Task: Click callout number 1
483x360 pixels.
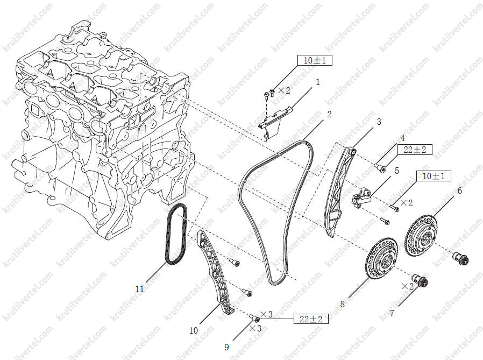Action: pyautogui.click(x=318, y=82)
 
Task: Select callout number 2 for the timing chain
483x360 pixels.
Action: pyautogui.click(x=329, y=114)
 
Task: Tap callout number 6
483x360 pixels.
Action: pyautogui.click(x=459, y=191)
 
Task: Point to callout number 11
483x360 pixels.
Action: pyautogui.click(x=139, y=289)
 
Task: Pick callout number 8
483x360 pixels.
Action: pyautogui.click(x=342, y=304)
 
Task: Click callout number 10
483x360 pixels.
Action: pyautogui.click(x=194, y=331)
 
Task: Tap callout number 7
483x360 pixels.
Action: pyautogui.click(x=392, y=314)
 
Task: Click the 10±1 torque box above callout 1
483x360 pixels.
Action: pyautogui.click(x=315, y=60)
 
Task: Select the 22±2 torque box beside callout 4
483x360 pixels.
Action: pyautogui.click(x=415, y=150)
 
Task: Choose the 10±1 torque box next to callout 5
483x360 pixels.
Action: pyautogui.click(x=434, y=176)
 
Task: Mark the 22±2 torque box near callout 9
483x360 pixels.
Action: pyautogui.click(x=311, y=319)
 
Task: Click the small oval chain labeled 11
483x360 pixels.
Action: pyautogui.click(x=176, y=234)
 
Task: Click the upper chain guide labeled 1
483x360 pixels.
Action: pyautogui.click(x=274, y=121)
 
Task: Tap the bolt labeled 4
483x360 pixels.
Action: pyautogui.click(x=381, y=168)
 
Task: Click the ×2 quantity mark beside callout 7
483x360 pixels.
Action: pyautogui.click(x=408, y=286)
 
